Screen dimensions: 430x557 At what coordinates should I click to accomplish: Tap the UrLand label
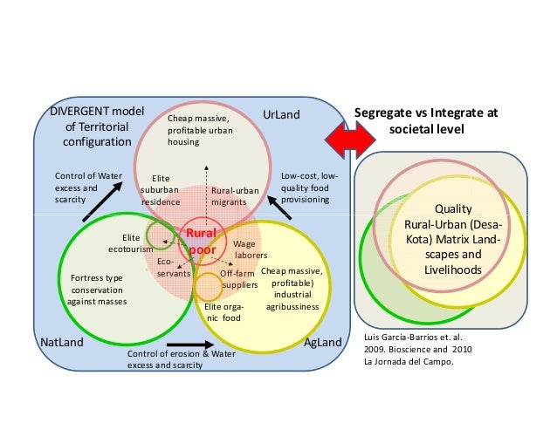point(281,115)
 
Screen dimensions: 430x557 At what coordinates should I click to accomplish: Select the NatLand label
point(63,343)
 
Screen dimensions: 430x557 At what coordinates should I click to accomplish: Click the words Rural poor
point(202,242)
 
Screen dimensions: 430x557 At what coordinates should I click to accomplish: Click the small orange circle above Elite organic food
point(208,286)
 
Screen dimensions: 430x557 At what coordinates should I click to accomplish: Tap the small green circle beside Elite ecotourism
point(159,234)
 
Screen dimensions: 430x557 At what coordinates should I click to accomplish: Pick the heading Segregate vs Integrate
point(426,121)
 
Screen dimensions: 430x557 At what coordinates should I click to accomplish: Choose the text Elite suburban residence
point(161,189)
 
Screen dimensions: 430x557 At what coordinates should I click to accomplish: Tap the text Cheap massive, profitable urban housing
point(198,130)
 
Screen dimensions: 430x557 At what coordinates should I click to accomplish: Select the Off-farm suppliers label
point(237,278)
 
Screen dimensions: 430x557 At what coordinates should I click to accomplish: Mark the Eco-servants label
point(173,267)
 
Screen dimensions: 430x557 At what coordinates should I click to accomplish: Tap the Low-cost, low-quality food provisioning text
point(305,188)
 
